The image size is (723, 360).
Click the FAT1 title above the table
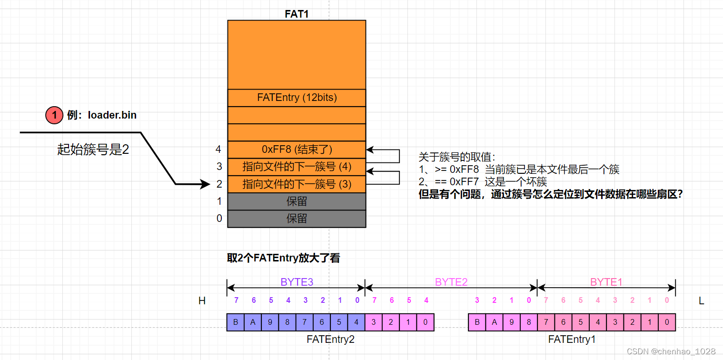(x=297, y=14)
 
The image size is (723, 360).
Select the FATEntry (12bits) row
(x=297, y=98)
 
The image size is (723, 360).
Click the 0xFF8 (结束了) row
(x=297, y=150)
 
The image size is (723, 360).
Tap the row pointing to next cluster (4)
(x=297, y=167)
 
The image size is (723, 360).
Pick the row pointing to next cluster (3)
(x=297, y=184)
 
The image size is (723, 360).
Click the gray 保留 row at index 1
(x=297, y=201)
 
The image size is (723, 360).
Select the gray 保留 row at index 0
(x=297, y=219)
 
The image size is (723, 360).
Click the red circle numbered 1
(x=54, y=115)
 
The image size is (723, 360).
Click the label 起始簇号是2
(x=93, y=150)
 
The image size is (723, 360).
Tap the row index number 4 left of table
(x=218, y=150)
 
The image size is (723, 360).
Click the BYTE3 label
(x=297, y=282)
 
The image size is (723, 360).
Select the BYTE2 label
(x=451, y=282)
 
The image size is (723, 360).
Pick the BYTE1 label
(x=606, y=282)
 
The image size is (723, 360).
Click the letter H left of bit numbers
(x=202, y=301)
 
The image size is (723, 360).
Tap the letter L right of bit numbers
(x=701, y=301)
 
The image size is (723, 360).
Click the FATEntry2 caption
(x=330, y=340)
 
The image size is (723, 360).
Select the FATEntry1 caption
(x=572, y=340)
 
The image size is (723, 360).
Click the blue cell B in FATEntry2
(x=236, y=322)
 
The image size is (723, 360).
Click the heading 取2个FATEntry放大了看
(x=284, y=258)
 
